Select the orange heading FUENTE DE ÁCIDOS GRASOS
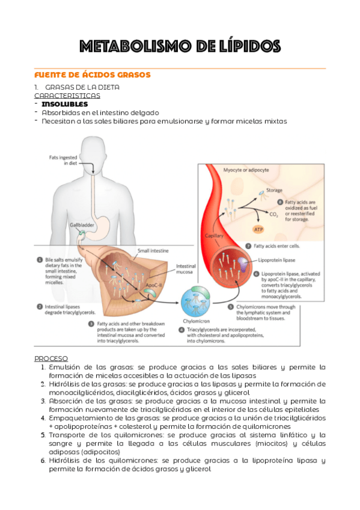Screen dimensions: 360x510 click(92, 75)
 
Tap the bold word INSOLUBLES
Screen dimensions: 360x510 click(64, 104)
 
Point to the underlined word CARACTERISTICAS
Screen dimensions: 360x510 click(67, 96)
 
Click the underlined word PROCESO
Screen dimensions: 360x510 click(51, 358)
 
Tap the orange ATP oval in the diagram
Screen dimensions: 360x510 click(258, 229)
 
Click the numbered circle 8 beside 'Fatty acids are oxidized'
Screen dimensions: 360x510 click(279, 202)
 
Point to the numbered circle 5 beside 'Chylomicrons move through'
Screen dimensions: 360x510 click(231, 306)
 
